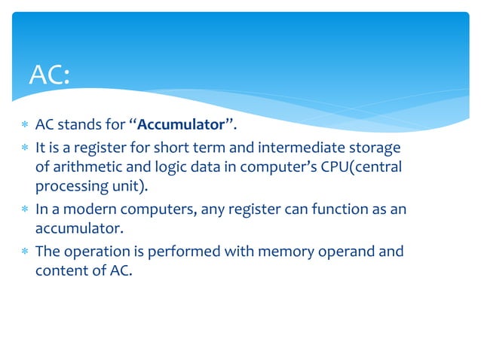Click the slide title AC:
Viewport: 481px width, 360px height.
click(49, 75)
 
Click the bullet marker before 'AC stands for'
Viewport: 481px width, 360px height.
click(24, 125)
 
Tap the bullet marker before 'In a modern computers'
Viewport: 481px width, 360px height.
click(24, 209)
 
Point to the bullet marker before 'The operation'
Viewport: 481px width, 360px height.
click(24, 251)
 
